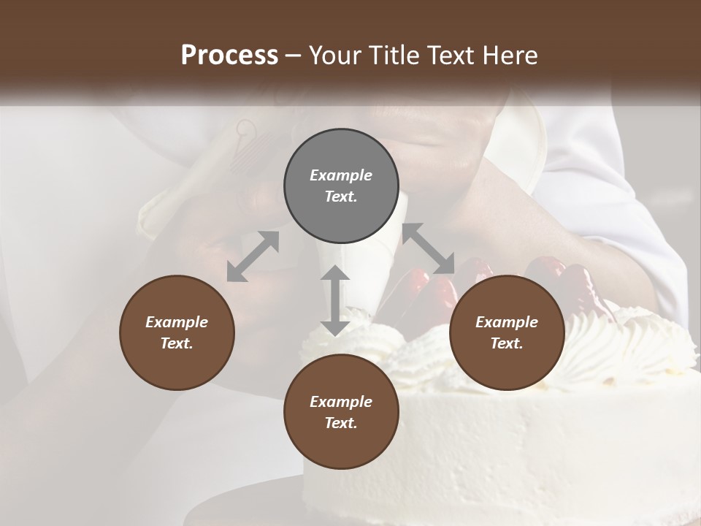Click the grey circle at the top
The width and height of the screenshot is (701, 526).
341,186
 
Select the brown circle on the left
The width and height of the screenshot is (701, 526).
177,332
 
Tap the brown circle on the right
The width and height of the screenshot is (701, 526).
507,332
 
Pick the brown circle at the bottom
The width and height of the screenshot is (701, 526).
341,412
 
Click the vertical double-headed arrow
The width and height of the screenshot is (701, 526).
335,300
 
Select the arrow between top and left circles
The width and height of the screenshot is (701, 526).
253,256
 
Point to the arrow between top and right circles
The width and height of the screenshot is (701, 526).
429,249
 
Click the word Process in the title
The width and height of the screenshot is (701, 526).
229,55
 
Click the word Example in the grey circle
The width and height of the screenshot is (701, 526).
341,175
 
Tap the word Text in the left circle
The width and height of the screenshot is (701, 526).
177,343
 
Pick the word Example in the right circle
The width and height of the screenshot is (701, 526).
507,322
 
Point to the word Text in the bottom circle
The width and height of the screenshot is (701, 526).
340,423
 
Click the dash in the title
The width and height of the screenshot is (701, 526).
294,56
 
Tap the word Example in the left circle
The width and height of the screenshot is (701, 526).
177,322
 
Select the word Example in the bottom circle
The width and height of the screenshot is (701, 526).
341,402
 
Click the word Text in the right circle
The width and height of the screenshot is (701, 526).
506,343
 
